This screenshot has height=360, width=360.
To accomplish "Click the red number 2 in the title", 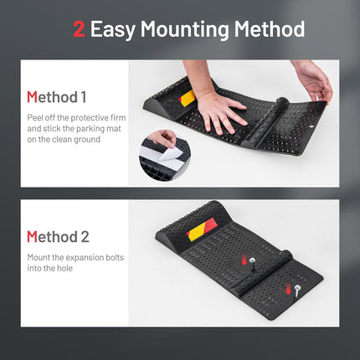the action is (79, 29).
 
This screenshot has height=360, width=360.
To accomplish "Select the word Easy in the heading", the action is (112, 30).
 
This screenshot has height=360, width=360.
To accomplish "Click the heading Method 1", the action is (56, 97).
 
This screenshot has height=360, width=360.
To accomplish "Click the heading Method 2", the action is (58, 237).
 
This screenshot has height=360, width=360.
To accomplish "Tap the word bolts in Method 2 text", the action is (115, 257).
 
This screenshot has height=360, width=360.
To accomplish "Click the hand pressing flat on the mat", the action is (220, 111).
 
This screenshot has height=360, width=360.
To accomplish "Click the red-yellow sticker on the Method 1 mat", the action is (187, 98).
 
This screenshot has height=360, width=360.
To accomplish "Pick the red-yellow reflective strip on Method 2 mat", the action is (202, 229).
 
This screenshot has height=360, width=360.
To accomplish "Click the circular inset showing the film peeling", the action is (165, 156).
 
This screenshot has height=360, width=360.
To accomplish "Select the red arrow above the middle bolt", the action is (244, 260).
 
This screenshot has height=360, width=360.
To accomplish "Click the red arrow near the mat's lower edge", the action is (288, 289).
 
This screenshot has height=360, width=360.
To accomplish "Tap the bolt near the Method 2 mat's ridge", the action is (253, 264).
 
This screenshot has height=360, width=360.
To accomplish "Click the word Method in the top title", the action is (270, 29).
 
